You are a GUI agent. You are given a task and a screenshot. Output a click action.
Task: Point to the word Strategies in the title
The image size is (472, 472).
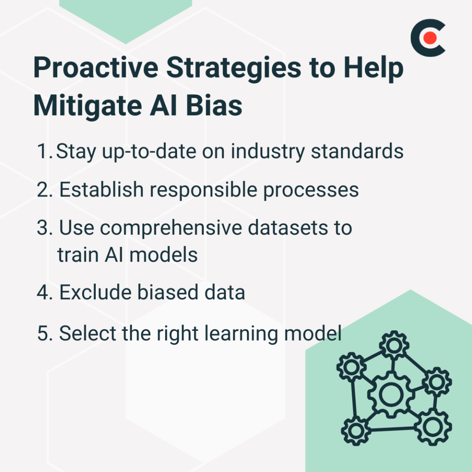[x=231, y=68]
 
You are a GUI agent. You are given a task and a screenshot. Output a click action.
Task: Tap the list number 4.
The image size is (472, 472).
[x=44, y=293]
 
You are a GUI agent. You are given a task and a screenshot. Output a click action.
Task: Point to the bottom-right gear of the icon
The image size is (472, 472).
[x=433, y=427]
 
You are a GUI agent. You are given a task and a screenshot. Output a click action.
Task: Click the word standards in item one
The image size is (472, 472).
[x=357, y=152]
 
